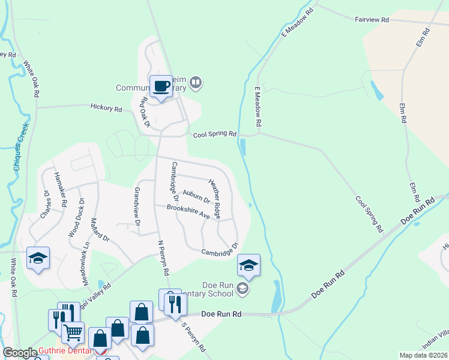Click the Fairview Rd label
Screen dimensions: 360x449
pyautogui.click(x=372, y=20)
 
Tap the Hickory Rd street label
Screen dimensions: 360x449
pyautogui.click(x=106, y=109)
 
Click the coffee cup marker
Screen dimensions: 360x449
pyautogui.click(x=161, y=86)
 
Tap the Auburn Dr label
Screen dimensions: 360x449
pyautogui.click(x=196, y=196)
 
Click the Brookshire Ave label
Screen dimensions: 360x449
pyautogui.click(x=188, y=211)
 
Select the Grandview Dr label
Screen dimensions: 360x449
pyautogui.click(x=137, y=207)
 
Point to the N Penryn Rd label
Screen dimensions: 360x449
pyautogui.click(x=163, y=258)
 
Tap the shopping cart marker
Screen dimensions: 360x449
pyautogui.click(x=73, y=331)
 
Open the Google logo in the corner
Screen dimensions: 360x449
pyautogui.click(x=19, y=353)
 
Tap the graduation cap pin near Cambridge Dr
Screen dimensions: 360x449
pyautogui.click(x=249, y=265)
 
